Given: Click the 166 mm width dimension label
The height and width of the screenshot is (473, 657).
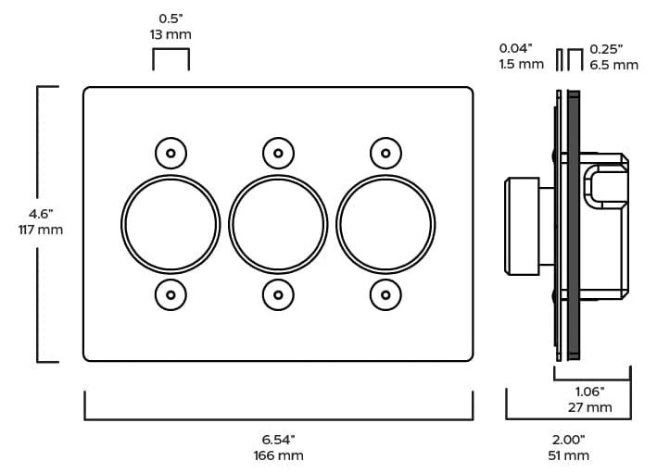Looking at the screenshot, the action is [x=279, y=455].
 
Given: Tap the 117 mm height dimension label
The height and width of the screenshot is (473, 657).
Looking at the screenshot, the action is [x=41, y=230].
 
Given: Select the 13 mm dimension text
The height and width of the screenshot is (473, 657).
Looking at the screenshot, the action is [x=171, y=34].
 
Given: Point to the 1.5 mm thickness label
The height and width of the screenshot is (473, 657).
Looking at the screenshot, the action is [x=521, y=64].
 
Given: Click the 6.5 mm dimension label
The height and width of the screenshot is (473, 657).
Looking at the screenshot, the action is [x=613, y=65].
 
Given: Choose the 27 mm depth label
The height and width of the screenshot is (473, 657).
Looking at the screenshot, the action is [x=589, y=407].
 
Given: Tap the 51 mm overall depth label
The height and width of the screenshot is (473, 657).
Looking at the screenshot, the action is [x=569, y=455].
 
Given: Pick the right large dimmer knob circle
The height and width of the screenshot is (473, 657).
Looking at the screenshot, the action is [x=337, y=224].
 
